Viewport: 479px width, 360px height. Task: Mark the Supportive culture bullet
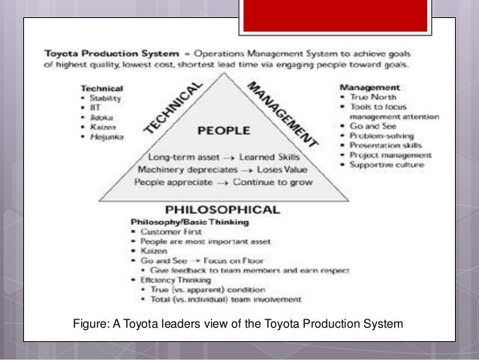coord(387,165)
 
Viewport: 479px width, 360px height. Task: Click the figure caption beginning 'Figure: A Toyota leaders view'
coord(238,324)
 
